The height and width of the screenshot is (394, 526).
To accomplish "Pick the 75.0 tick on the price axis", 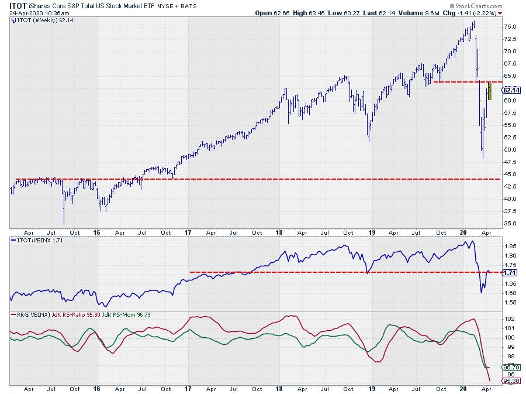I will click(x=510, y=26).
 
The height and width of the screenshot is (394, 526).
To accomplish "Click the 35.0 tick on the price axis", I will click(x=510, y=223).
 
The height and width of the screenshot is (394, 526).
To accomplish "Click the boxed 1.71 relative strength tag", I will click(x=510, y=273).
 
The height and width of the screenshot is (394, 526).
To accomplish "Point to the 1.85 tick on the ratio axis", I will click(x=509, y=246).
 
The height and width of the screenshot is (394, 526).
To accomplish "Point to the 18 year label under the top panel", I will click(x=279, y=232).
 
